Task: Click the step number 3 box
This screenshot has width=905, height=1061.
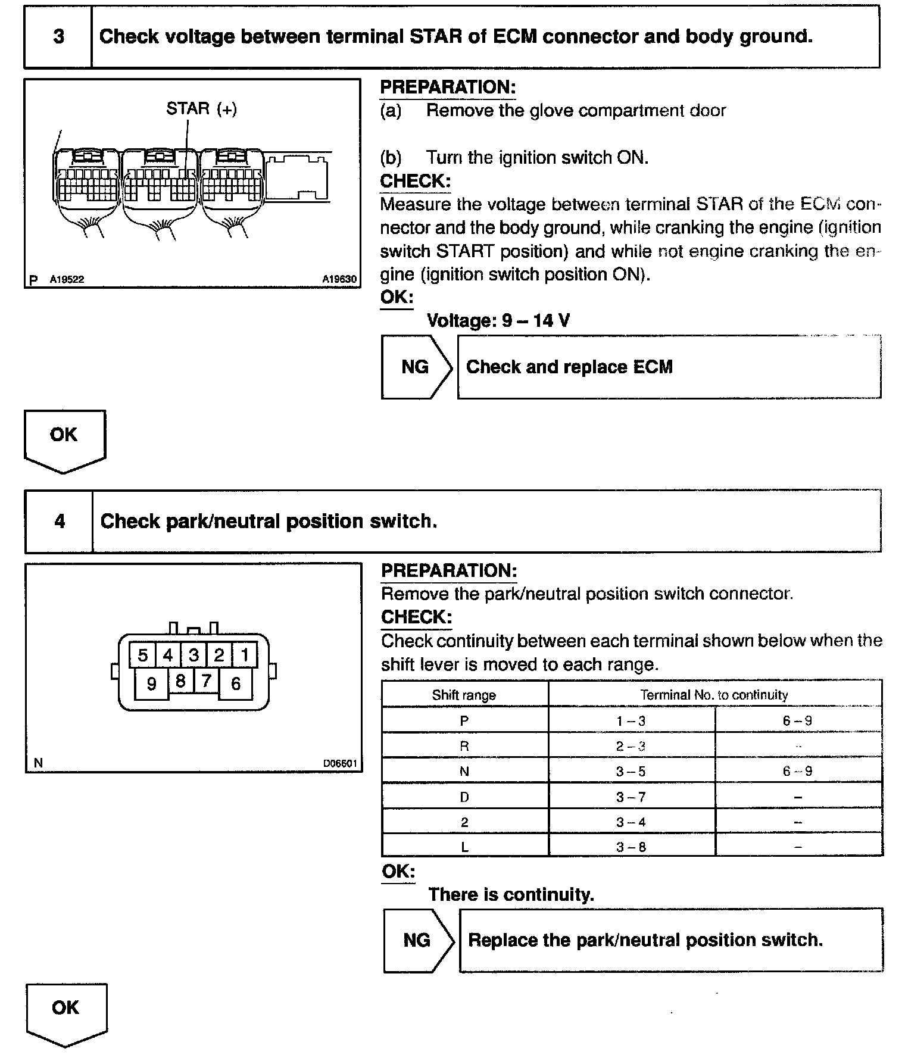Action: [58, 37]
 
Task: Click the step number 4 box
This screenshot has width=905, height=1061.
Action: [60, 522]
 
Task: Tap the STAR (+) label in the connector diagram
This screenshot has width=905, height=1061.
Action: [201, 109]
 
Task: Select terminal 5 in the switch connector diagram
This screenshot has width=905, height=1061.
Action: [143, 656]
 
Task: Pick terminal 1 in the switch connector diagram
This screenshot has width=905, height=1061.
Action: [244, 656]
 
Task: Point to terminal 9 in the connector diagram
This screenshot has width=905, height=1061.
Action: [151, 684]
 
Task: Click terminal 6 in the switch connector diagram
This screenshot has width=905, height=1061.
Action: [236, 684]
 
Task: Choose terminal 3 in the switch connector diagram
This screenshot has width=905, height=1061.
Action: [194, 656]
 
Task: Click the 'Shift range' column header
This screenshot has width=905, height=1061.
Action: [464, 695]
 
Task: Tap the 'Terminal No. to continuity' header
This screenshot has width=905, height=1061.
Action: [714, 695]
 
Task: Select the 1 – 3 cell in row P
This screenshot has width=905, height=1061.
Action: [631, 721]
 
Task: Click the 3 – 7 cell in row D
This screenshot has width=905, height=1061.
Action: [631, 797]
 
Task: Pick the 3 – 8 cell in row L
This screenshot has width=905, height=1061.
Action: [631, 847]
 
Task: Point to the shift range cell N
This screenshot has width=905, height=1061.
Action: [464, 772]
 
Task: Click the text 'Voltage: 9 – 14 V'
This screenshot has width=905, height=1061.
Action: [498, 321]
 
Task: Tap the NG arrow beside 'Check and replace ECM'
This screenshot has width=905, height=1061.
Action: [416, 367]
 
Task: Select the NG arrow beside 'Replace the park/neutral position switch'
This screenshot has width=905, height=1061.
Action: [417, 940]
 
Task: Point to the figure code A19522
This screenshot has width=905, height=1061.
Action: [67, 279]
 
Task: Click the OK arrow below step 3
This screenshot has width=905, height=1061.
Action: [64, 439]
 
